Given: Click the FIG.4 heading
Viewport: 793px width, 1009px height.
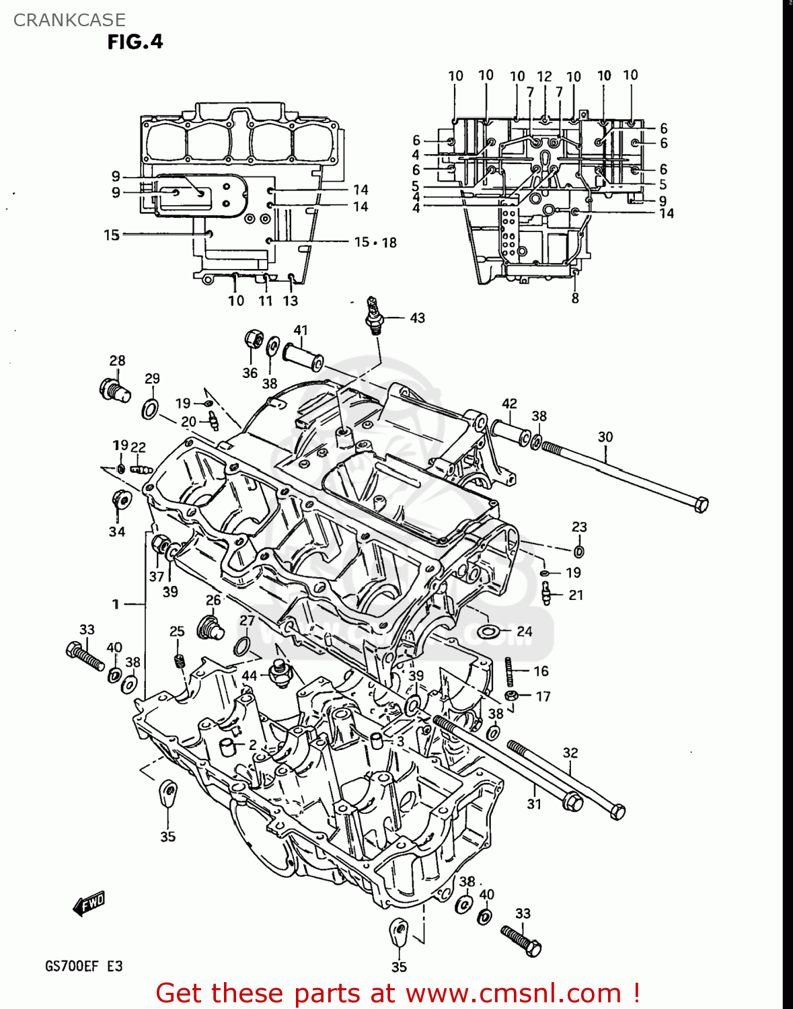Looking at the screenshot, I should tap(135, 42).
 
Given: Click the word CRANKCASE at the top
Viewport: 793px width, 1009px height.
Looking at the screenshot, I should tap(69, 20).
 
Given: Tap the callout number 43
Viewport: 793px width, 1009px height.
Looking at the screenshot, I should tap(417, 317).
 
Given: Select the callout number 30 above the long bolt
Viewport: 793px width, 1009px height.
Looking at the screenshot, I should tap(605, 437).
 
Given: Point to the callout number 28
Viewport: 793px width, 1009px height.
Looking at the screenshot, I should tap(118, 361).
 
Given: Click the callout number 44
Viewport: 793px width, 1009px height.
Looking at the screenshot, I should tap(250, 675).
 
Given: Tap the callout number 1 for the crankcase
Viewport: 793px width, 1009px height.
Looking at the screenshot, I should tap(116, 604).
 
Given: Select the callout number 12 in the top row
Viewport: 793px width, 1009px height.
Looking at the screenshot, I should tap(544, 77).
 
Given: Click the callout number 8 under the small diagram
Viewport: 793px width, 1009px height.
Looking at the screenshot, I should tap(575, 298).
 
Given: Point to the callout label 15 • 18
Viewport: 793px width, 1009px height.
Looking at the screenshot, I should tap(375, 242).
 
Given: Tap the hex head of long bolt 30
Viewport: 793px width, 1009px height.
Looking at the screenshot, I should tap(700, 504).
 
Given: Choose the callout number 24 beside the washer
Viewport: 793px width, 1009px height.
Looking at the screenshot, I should tap(525, 632).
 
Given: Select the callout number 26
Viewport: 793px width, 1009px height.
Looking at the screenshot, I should tap(213, 600).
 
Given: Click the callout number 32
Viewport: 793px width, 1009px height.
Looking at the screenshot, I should tap(570, 753).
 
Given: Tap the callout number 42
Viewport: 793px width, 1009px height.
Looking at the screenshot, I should tap(509, 404).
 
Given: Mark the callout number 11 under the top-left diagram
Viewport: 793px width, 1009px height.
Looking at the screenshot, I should tap(266, 301).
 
